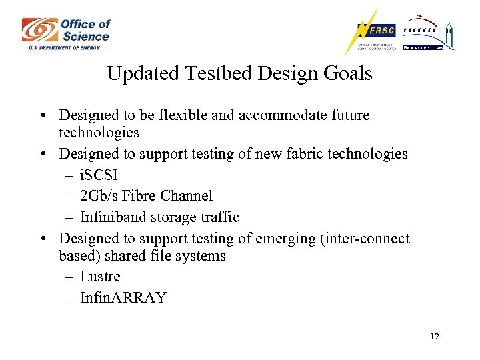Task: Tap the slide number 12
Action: point(435,337)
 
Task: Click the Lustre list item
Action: point(100,276)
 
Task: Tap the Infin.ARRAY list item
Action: point(123,297)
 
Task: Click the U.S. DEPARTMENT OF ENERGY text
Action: point(64,47)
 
